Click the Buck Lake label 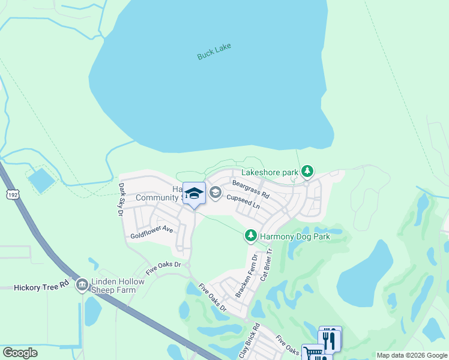tap(214, 52)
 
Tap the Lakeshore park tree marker tap(307, 172)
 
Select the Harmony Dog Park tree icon tap(251, 236)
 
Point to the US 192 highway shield tap(12, 194)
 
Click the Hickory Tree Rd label tap(41, 287)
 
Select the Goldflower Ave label tap(152, 232)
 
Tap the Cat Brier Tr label tap(265, 268)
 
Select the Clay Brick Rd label tap(250, 340)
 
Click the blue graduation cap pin tap(194, 193)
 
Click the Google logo tap(20, 353)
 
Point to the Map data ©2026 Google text tap(412, 355)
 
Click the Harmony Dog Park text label tap(295, 236)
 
